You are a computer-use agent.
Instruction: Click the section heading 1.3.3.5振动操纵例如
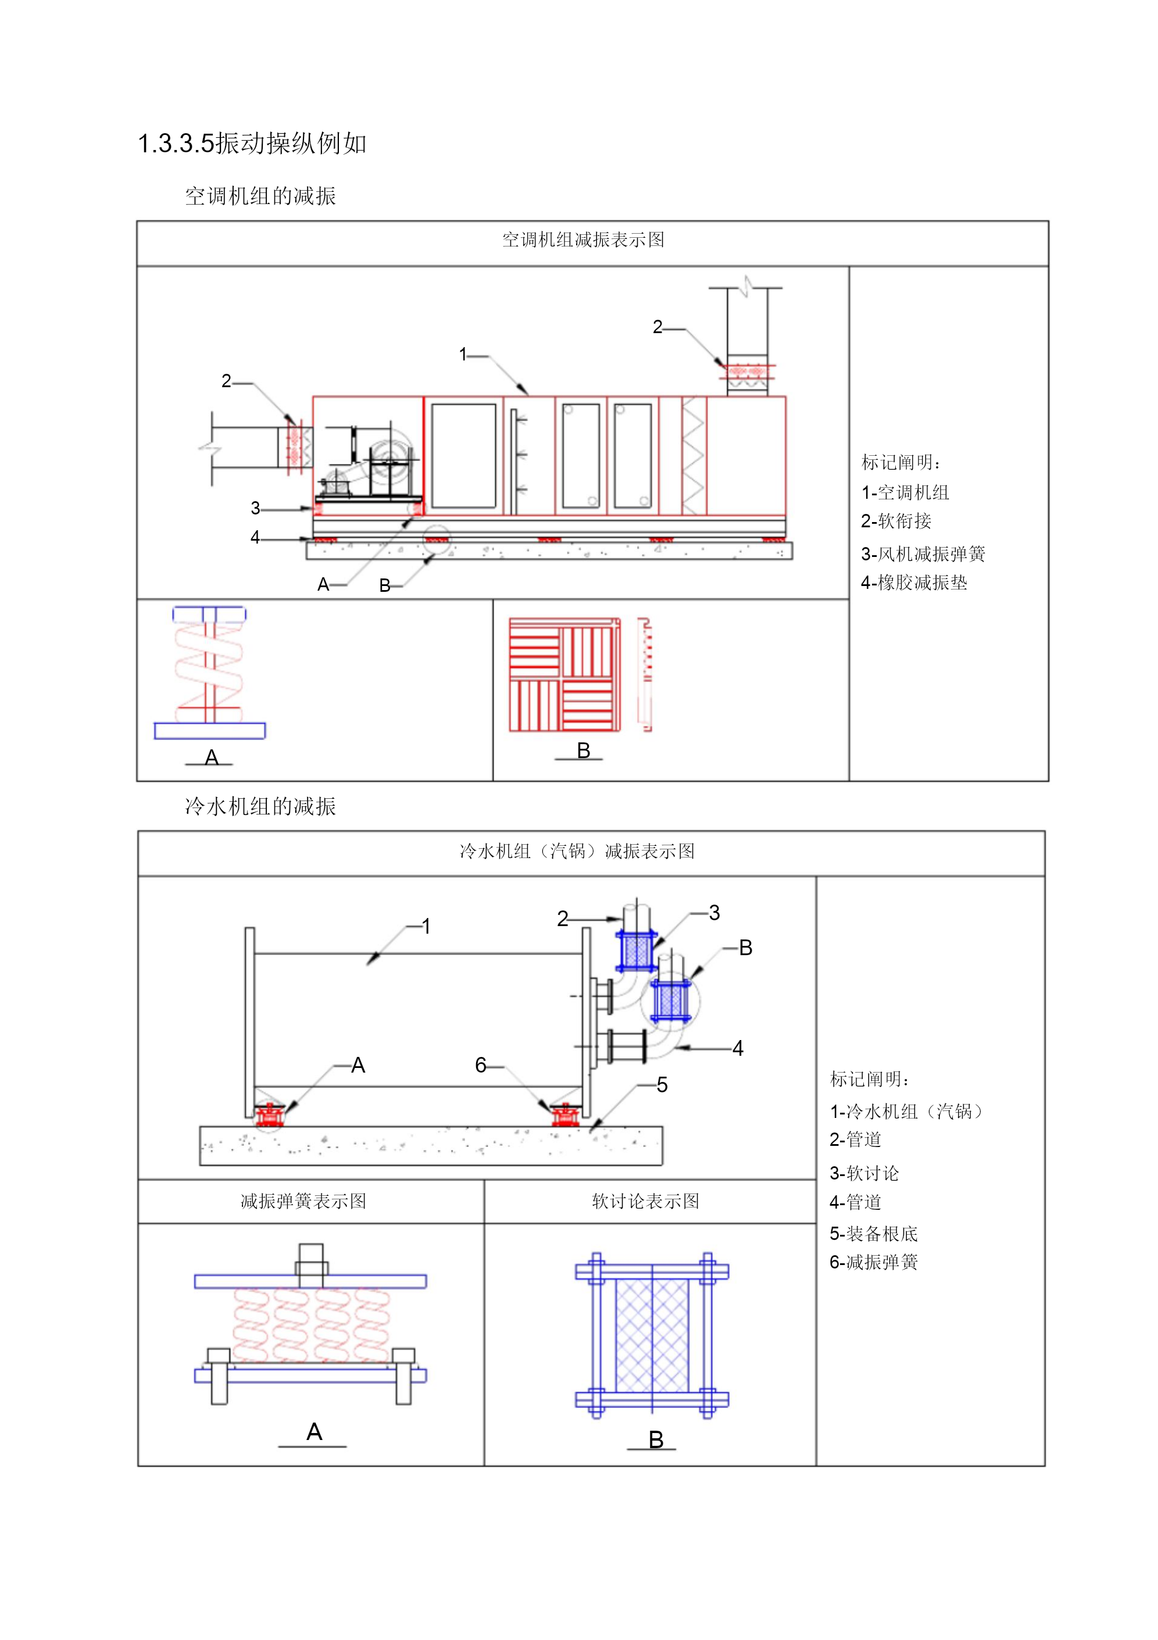(252, 144)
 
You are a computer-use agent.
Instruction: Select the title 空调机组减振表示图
(583, 240)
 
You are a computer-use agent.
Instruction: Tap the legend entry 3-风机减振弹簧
(923, 553)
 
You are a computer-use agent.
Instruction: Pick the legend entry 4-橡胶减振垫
(914, 583)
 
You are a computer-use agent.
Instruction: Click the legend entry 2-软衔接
(896, 521)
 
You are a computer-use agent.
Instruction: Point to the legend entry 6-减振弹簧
(873, 1262)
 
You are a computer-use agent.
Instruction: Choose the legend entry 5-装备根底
(873, 1234)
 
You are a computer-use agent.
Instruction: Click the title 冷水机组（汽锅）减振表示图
(577, 852)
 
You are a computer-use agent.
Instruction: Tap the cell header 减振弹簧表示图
(303, 1202)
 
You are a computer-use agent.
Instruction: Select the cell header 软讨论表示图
(646, 1202)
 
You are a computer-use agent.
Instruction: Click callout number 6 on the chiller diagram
(481, 1066)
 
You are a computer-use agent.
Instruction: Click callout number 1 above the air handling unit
(463, 354)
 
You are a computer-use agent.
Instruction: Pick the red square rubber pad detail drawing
(564, 675)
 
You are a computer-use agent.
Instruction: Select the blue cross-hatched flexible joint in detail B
(652, 1335)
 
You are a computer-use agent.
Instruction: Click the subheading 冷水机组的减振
(260, 806)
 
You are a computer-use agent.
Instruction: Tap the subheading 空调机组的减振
(260, 196)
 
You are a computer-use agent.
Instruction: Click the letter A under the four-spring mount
(314, 1431)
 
